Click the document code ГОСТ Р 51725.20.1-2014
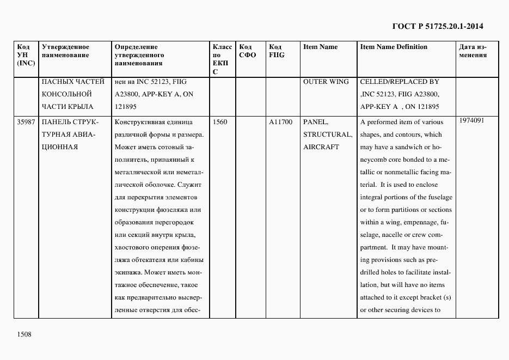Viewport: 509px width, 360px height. tap(438, 26)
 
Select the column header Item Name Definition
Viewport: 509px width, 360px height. tap(394, 47)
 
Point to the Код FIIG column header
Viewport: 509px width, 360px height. tap(277, 51)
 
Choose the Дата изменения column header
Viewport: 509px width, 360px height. tap(473, 51)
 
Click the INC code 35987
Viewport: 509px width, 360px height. tap(26, 122)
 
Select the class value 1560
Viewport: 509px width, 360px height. tap(220, 122)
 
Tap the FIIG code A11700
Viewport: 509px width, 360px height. tap(281, 122)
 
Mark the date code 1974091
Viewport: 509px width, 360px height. tap(471, 120)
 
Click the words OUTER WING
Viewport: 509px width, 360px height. tap(326, 82)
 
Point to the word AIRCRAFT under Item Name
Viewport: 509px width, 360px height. tap(321, 147)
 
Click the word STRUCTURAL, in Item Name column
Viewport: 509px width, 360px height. tap(328, 135)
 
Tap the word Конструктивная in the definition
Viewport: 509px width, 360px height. tap(138, 122)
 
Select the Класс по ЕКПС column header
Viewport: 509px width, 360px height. tap(222, 59)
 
